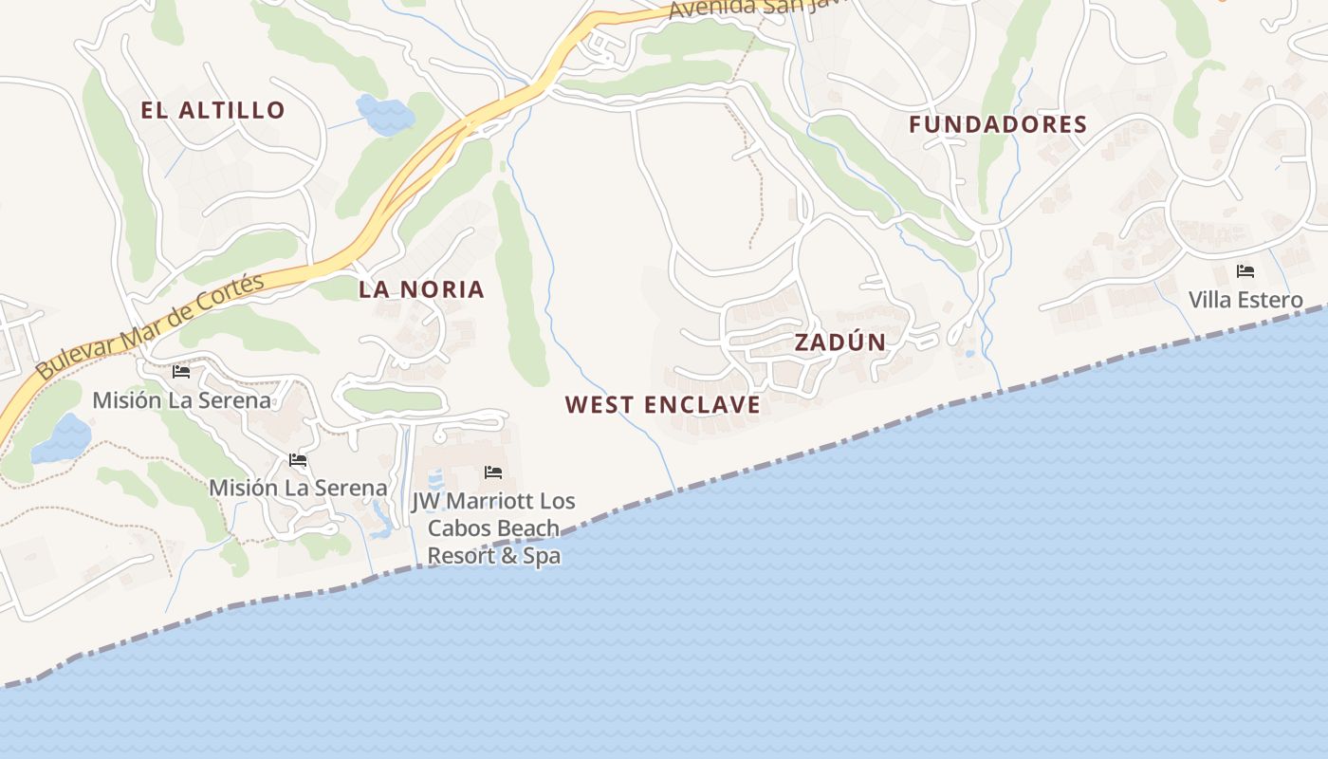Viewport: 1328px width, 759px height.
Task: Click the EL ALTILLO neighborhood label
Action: (212, 110)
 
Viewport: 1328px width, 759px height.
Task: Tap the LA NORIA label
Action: (421, 290)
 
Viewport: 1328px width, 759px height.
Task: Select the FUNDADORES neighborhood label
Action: (998, 124)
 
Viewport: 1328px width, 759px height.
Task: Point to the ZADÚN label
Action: (839, 342)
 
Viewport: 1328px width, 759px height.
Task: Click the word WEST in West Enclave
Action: (599, 405)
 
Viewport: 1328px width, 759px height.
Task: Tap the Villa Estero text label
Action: (1245, 301)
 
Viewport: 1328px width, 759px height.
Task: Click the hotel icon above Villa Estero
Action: (1245, 271)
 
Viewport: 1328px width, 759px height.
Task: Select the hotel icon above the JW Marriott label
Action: (492, 472)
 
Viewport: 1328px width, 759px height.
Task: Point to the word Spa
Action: (543, 556)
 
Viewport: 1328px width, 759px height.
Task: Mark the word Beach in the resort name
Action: (532, 528)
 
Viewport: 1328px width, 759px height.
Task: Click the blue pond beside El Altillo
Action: (384, 114)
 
